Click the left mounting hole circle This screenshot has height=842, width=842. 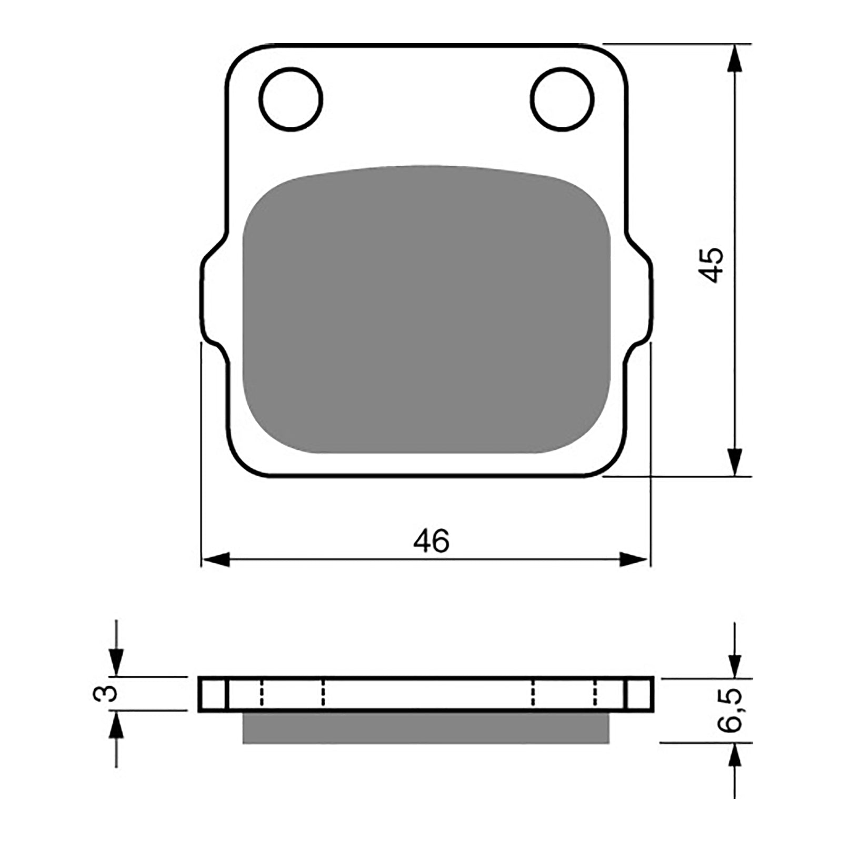tap(290, 99)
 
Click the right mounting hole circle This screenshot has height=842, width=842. tap(563, 99)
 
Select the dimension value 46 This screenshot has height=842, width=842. tap(431, 540)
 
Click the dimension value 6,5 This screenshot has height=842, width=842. tap(729, 710)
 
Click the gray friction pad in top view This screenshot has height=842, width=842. tap(426, 310)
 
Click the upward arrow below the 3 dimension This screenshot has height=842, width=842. tap(116, 726)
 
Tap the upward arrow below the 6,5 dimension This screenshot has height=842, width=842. tap(735, 757)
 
